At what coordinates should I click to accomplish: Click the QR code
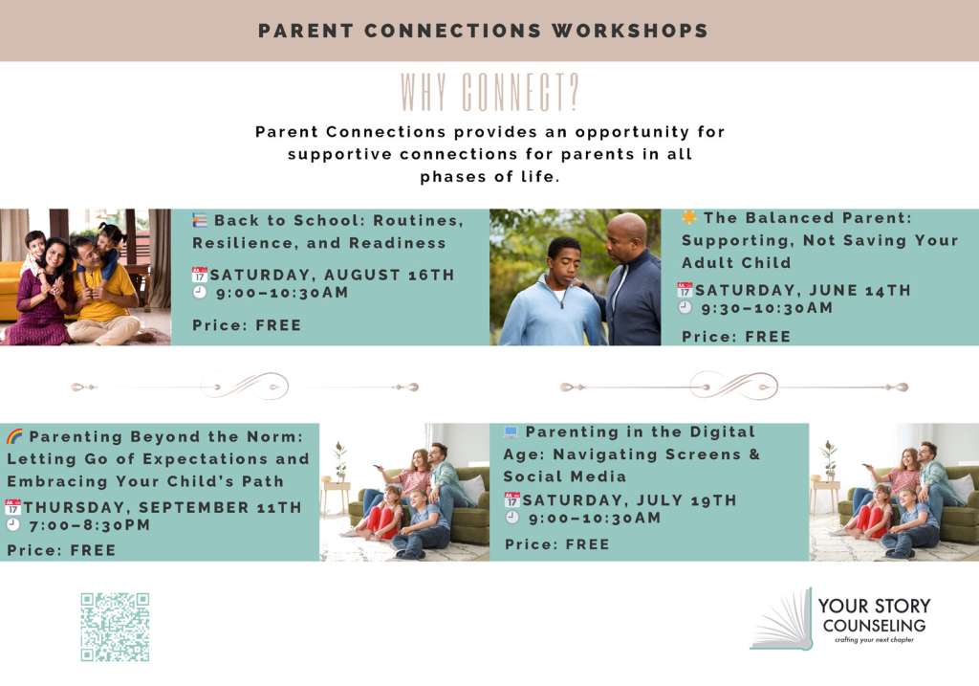tap(115, 627)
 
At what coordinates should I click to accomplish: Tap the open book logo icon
tap(782, 619)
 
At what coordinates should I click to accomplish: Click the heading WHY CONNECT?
tap(489, 93)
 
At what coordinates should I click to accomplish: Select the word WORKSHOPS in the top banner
tap(630, 31)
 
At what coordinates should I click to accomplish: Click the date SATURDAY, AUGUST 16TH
tap(332, 275)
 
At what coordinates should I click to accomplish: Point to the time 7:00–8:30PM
tap(90, 525)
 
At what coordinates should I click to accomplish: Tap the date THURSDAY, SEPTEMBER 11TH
tap(163, 507)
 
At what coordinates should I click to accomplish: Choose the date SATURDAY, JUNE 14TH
tap(803, 291)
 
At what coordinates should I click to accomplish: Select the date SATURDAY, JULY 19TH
tap(629, 500)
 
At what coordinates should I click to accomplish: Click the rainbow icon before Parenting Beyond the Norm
tap(14, 436)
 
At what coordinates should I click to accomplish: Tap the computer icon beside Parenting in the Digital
tap(511, 432)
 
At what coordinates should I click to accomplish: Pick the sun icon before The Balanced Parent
tap(689, 217)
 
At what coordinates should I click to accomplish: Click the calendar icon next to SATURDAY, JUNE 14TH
tap(685, 290)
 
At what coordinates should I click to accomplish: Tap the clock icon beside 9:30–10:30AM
tap(685, 307)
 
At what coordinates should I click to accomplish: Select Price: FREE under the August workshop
tap(247, 325)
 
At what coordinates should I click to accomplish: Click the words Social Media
tap(564, 476)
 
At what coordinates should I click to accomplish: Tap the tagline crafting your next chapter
tap(874, 640)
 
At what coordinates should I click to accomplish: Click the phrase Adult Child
tap(736, 263)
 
